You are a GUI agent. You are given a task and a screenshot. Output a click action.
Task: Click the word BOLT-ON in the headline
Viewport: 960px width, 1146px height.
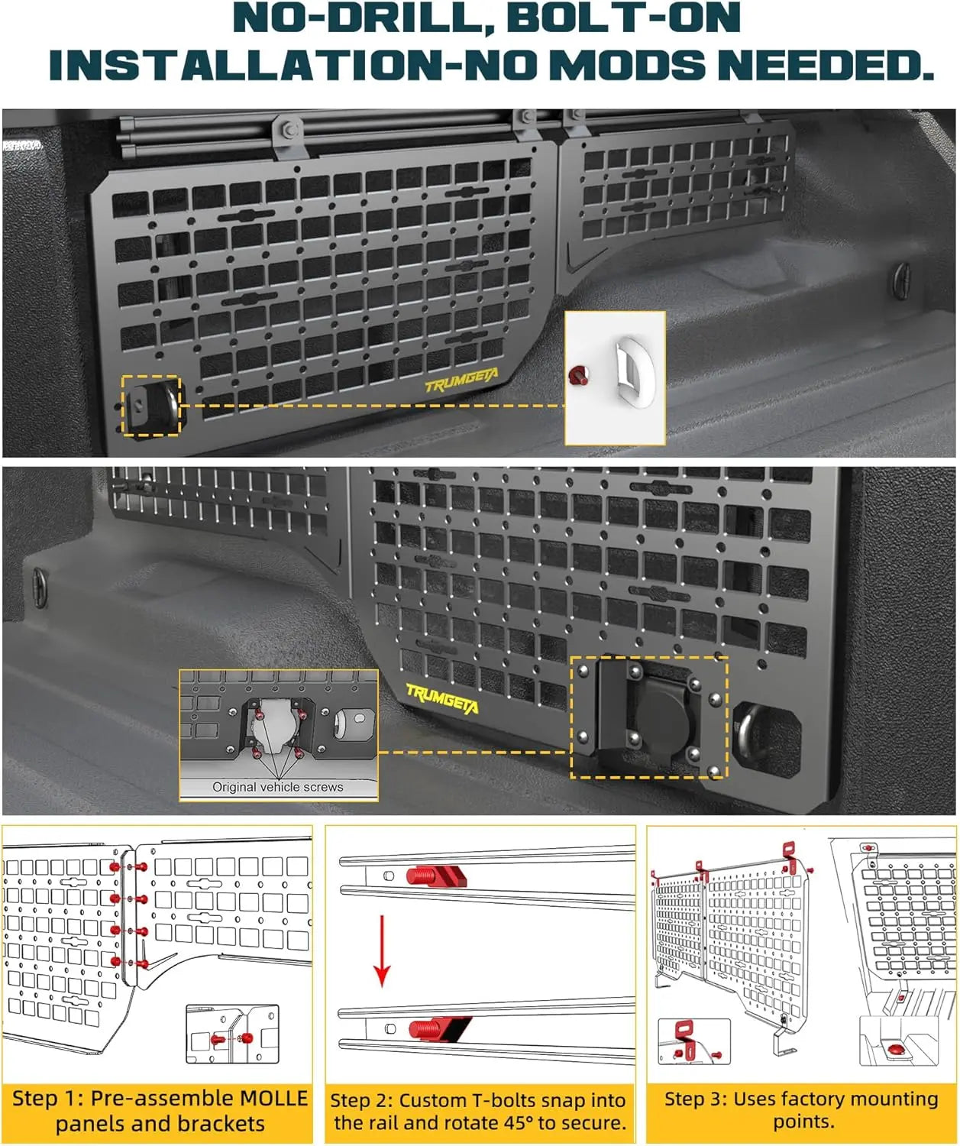tap(623, 18)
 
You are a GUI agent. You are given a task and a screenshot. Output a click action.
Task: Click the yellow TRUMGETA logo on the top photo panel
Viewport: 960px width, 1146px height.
tap(462, 380)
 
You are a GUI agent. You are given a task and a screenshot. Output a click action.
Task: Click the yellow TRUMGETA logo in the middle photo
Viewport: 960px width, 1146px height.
tap(442, 699)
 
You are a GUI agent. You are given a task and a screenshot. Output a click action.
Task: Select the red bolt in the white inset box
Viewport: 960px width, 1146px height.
tap(579, 376)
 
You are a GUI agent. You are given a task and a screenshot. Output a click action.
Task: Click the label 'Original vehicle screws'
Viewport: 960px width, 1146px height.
tap(277, 786)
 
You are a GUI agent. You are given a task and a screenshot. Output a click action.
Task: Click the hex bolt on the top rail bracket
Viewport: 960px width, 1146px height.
tap(289, 130)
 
